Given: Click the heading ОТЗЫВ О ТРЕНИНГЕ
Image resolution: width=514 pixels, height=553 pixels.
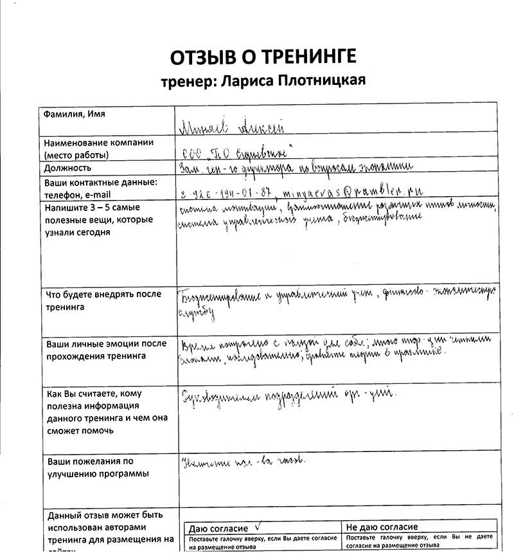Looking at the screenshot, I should pos(263,58).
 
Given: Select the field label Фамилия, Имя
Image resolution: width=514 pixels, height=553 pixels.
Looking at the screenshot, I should pos(75,114).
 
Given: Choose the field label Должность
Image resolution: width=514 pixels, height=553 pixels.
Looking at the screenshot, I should pos(67,168).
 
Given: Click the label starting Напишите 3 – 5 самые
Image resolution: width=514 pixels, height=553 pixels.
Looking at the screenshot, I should pos(93,208).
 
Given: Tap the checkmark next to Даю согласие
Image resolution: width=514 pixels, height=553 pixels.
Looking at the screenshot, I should pos(259,524).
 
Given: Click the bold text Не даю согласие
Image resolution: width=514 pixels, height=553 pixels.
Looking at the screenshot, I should pos(382,527).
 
